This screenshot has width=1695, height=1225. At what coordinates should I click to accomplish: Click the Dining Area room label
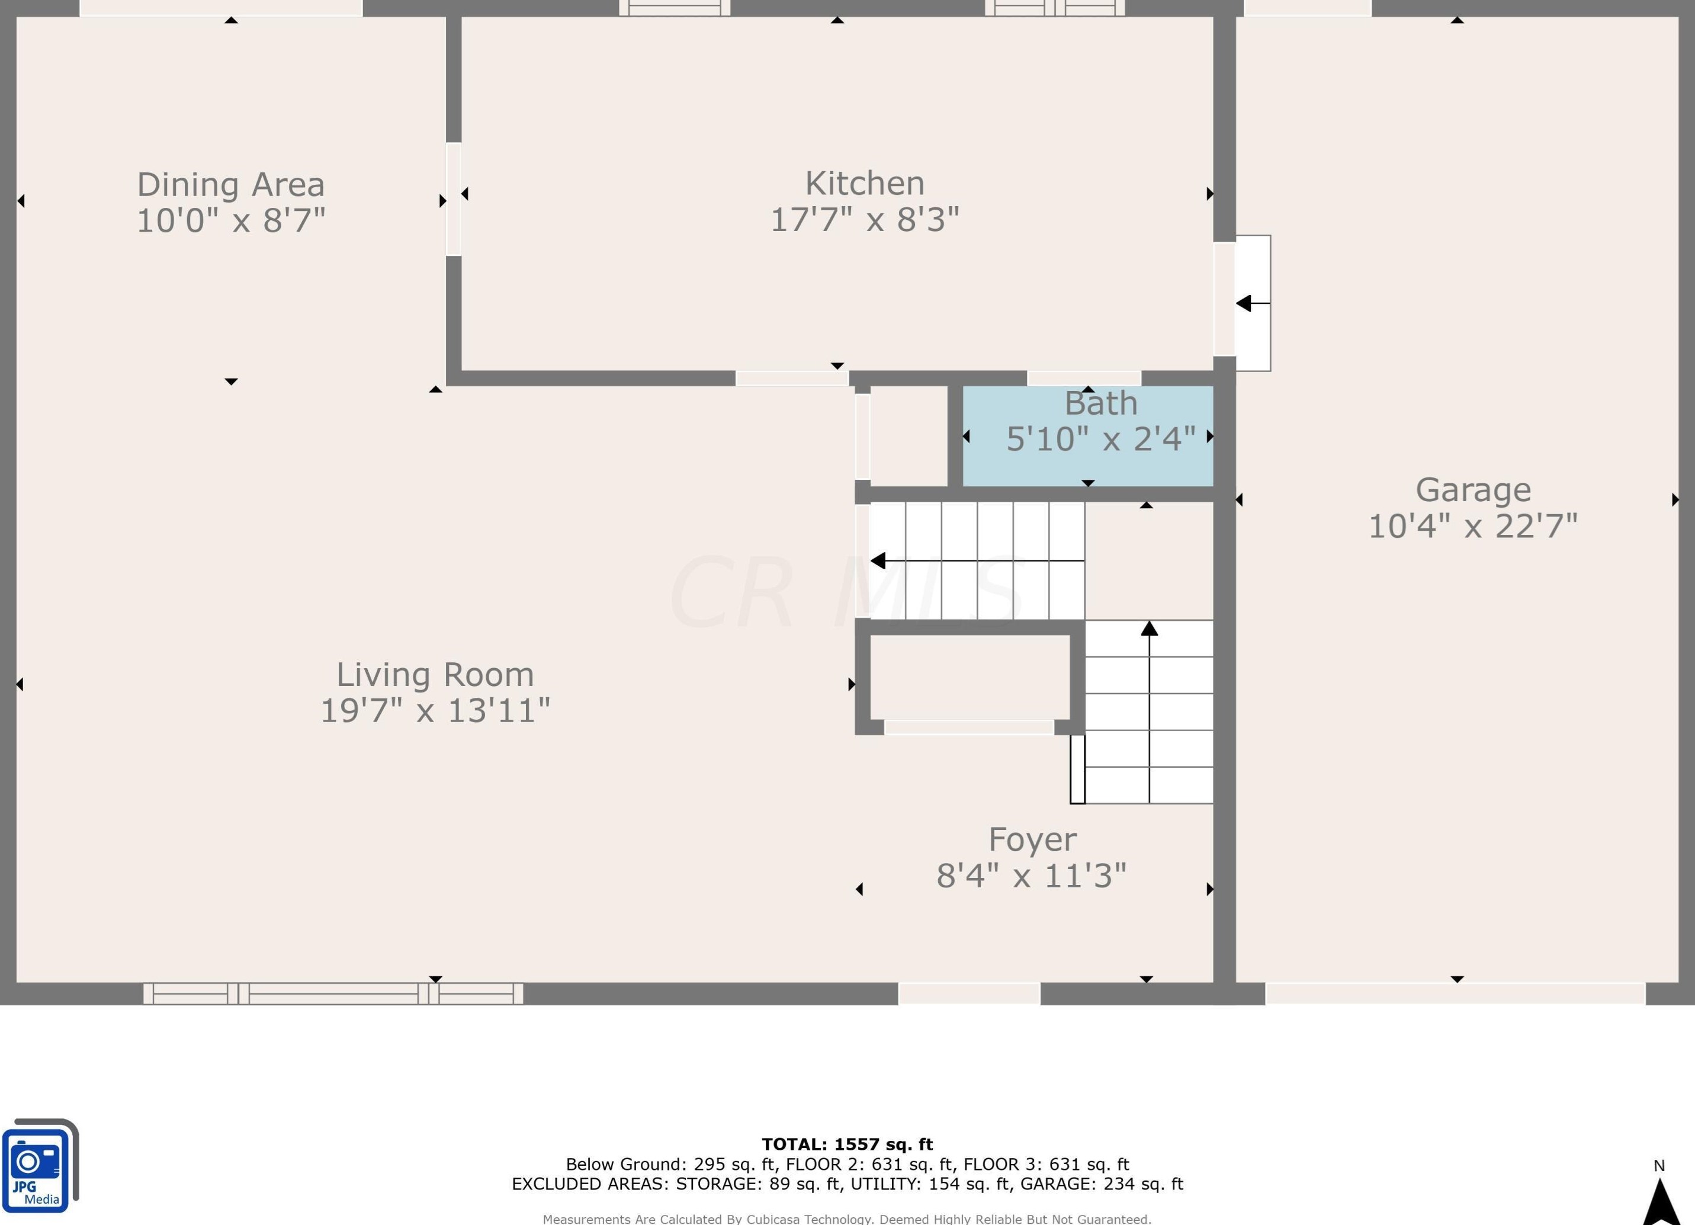(231, 185)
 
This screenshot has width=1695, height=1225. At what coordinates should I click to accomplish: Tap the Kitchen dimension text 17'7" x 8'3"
(865, 220)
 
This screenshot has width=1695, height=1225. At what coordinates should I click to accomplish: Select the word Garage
(1473, 490)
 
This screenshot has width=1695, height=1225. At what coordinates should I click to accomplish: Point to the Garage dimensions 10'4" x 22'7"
(1473, 526)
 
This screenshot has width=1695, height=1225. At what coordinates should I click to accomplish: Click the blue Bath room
(1087, 436)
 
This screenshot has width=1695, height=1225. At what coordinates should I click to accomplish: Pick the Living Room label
(435, 675)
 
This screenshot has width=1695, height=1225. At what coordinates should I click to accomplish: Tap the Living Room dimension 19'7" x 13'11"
(435, 710)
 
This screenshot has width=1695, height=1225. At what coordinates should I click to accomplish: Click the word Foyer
(1032, 840)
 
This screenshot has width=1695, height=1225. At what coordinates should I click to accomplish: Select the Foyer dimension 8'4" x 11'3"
(1031, 876)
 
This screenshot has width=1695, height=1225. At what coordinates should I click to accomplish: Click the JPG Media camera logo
(40, 1165)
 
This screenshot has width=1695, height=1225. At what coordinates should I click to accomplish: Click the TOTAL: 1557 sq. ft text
(847, 1144)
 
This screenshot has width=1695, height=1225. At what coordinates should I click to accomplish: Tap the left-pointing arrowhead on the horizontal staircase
(878, 560)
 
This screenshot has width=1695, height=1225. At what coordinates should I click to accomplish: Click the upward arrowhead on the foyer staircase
(1150, 628)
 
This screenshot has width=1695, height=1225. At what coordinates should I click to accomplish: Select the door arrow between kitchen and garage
(1253, 303)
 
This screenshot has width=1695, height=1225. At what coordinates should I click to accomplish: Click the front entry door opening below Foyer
(968, 994)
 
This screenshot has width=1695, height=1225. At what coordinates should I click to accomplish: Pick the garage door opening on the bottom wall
(1455, 994)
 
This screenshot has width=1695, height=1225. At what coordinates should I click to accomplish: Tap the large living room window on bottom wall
(333, 994)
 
